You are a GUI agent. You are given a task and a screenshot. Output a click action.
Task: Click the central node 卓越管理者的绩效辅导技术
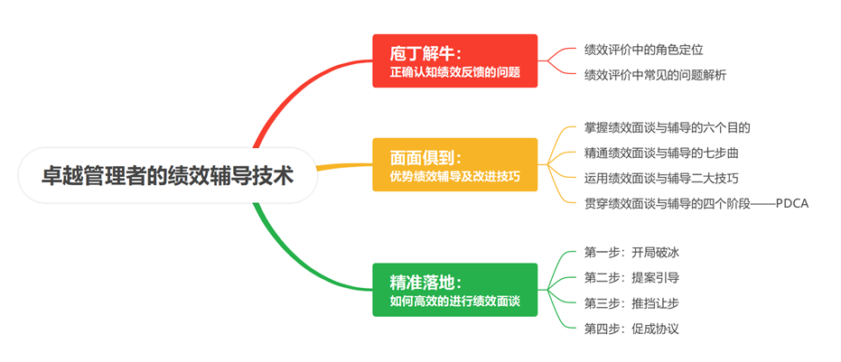168,175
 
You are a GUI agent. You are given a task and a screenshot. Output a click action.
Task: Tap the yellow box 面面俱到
454,164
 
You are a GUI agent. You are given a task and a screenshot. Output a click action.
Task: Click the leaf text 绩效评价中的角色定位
643,50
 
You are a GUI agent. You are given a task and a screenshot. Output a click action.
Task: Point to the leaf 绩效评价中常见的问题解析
655,75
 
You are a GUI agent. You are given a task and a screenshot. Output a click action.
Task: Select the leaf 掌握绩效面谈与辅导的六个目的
667,127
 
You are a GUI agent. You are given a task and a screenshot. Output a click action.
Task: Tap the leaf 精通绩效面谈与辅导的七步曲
661,153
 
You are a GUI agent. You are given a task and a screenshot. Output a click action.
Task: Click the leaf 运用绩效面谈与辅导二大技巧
661,178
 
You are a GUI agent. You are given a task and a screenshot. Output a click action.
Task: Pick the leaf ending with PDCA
696,203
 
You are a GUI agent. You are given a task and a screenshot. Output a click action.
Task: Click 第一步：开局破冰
631,252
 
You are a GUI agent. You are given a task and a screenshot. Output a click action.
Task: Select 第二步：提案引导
631,277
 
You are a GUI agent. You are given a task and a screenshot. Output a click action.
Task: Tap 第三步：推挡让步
631,302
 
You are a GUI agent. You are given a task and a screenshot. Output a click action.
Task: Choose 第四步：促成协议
631,328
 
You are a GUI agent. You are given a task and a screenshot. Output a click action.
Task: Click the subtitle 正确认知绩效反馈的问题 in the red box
454,71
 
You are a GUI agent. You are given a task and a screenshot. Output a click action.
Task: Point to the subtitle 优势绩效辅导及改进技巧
454,175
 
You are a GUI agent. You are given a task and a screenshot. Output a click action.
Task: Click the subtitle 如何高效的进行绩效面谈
454,301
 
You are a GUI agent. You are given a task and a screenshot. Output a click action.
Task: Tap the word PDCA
790,203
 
